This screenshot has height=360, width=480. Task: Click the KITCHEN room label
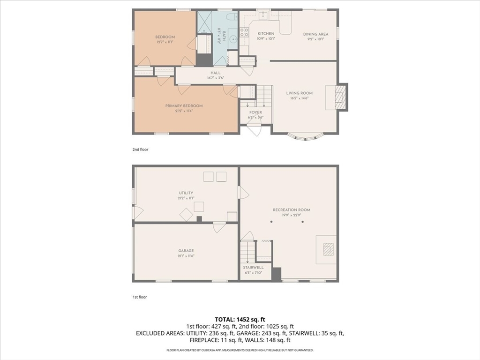click(x=266, y=34)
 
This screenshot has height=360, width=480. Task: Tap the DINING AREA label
click(x=315, y=34)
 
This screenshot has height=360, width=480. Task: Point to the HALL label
click(x=215, y=73)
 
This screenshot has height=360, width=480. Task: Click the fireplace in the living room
click(x=342, y=97)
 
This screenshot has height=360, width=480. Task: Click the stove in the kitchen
click(x=244, y=32)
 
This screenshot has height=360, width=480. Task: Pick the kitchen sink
click(x=264, y=16)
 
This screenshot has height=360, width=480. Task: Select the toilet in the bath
click(x=232, y=17)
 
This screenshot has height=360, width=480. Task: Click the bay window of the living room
click(x=305, y=137)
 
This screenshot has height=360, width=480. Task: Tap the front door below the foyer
click(x=254, y=129)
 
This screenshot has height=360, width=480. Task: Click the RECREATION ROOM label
click(x=292, y=210)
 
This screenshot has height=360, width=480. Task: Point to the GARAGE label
click(x=186, y=251)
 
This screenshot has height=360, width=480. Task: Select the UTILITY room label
click(x=186, y=193)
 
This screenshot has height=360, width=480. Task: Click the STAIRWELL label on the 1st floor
click(x=253, y=268)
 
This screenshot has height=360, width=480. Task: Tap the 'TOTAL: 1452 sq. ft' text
click(x=240, y=319)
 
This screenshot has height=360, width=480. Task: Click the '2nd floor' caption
click(x=140, y=150)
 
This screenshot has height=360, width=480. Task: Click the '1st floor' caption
click(x=140, y=297)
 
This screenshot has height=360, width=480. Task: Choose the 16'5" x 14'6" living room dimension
click(x=299, y=98)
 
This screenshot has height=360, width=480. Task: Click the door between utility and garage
click(x=219, y=227)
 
